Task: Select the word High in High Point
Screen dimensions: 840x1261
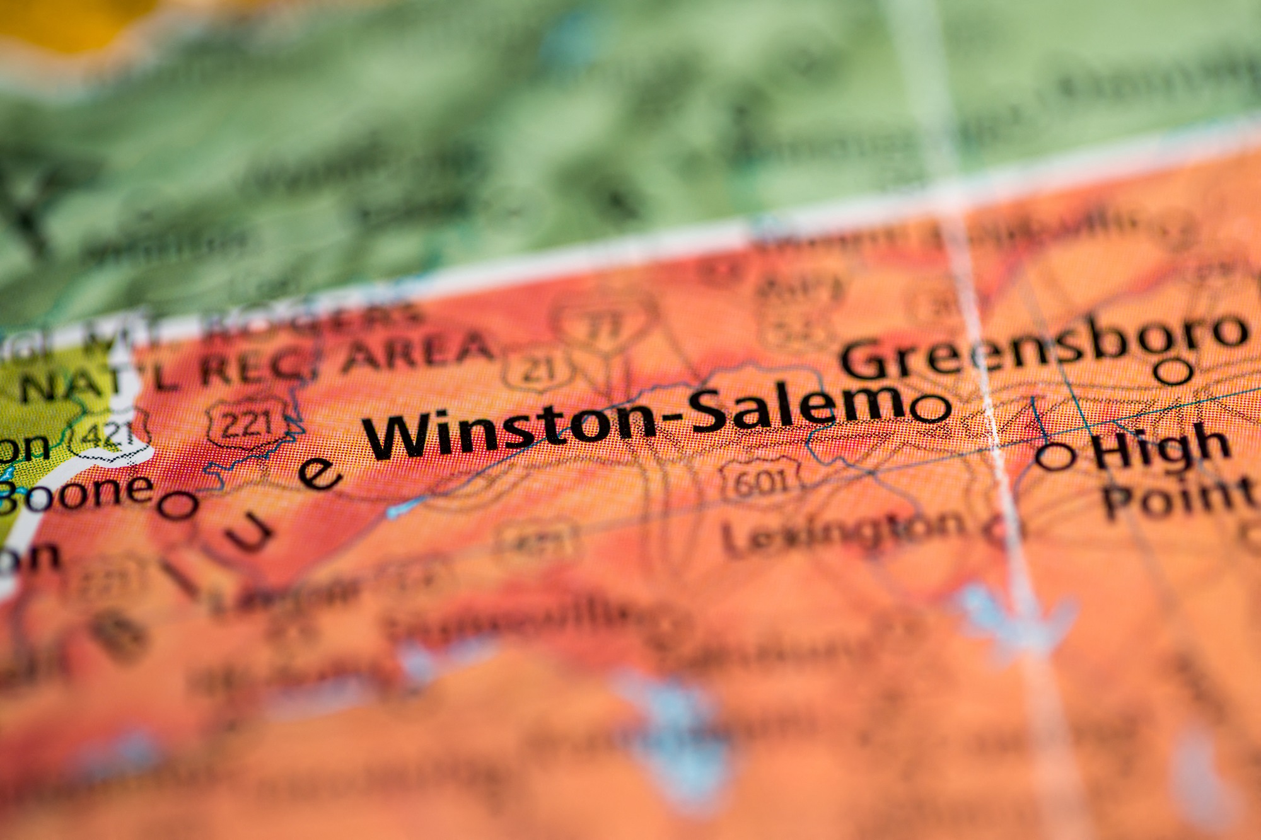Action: click(x=1160, y=445)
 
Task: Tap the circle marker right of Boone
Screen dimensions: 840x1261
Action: click(x=178, y=505)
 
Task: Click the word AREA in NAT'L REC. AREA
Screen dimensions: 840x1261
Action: click(x=416, y=353)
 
